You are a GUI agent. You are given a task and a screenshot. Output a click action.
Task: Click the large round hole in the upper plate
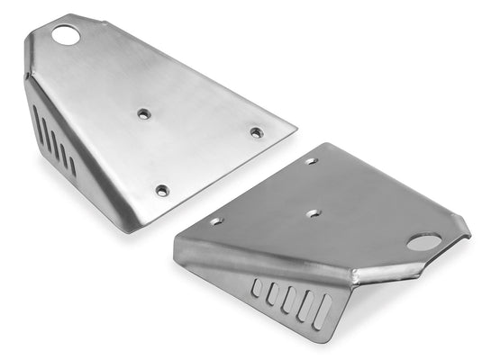click(x=66, y=36)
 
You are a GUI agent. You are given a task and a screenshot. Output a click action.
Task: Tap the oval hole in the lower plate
click(x=424, y=241)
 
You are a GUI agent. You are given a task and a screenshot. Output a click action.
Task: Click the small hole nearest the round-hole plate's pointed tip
click(x=257, y=132)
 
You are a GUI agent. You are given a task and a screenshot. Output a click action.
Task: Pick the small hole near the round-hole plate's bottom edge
click(x=162, y=190)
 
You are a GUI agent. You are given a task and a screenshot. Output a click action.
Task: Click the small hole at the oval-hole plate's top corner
click(x=311, y=162)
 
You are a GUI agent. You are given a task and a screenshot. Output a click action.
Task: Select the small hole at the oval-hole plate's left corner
click(x=217, y=220)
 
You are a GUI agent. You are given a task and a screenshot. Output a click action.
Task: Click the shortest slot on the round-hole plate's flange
click(x=73, y=166)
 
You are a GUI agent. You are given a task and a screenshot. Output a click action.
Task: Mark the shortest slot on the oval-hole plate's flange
click(x=257, y=288)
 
